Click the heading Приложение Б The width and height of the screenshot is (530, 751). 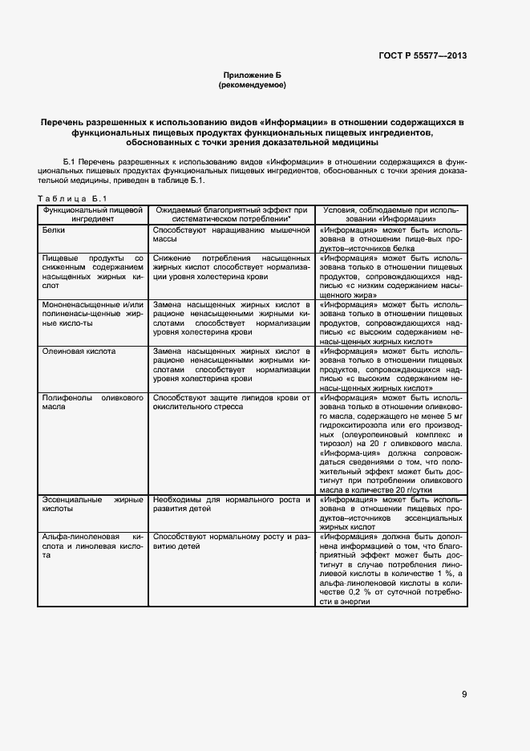[x=252, y=74]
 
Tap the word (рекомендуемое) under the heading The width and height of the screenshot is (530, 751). [x=252, y=84]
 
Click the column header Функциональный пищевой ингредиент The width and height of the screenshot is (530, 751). [x=94, y=213]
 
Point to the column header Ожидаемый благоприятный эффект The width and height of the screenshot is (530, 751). [x=232, y=213]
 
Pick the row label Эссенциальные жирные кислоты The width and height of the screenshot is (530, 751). [x=92, y=504]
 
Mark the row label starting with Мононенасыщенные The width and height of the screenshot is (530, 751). [x=92, y=315]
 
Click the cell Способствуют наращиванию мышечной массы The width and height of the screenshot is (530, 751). [x=231, y=234]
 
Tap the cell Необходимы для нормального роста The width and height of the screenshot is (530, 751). [x=231, y=504]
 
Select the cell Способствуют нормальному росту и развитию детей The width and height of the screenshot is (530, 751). [x=231, y=540]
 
